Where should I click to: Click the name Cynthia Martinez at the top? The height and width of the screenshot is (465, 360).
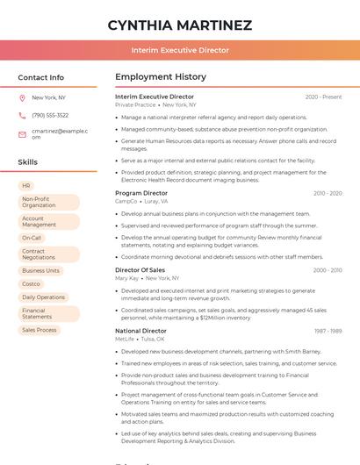[x=180, y=25]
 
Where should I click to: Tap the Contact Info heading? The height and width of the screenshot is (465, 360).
[x=41, y=77]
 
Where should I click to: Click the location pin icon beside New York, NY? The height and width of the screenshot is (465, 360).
[x=22, y=97]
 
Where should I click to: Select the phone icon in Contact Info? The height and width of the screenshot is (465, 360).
[x=22, y=115]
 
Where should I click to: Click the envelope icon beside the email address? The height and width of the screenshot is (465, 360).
[x=22, y=133]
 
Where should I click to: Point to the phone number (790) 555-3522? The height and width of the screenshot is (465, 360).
[x=50, y=115]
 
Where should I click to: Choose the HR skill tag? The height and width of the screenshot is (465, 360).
[x=26, y=186]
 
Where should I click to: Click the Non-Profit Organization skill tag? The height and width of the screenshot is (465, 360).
[x=48, y=202]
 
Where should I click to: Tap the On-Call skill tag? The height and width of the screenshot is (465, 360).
[x=32, y=238]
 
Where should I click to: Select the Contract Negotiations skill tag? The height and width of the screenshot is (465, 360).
[x=48, y=254]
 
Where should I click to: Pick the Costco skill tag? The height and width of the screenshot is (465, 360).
[x=31, y=284]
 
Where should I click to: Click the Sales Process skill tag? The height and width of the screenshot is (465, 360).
[x=40, y=330]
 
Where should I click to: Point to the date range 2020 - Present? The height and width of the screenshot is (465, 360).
[x=323, y=97]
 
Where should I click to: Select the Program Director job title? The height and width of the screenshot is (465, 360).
[x=141, y=193]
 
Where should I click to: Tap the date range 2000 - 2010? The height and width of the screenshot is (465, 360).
[x=328, y=270]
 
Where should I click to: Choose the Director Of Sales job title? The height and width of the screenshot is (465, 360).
[x=140, y=270]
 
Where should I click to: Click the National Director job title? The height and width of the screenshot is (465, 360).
[x=140, y=331]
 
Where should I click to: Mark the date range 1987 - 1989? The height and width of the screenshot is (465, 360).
[x=328, y=331]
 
